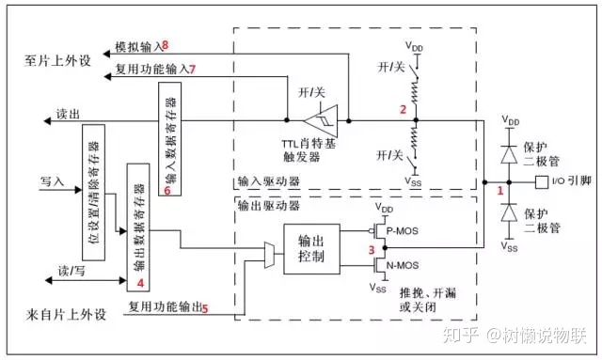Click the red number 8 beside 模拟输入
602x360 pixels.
pos(165,45)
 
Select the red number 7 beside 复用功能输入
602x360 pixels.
pos(192,69)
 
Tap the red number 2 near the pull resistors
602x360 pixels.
pos(403,110)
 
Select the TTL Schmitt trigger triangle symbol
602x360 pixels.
pos(322,120)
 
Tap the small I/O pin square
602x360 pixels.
pos(540,180)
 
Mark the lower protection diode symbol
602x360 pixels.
pos(508,215)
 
